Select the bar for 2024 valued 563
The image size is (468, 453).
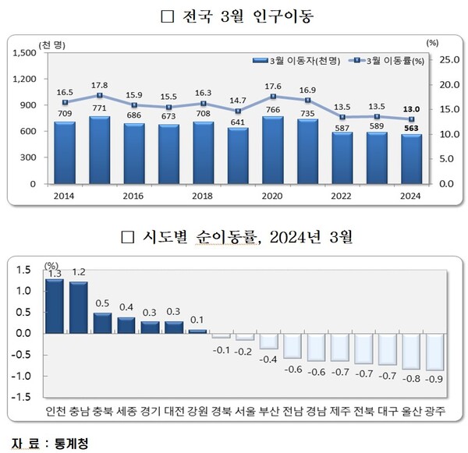click(410, 159)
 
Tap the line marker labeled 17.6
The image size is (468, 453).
click(272, 97)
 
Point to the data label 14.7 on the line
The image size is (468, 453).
click(238, 100)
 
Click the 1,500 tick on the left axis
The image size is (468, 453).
click(25, 52)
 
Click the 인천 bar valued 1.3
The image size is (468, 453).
click(55, 306)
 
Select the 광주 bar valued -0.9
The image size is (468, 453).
click(434, 352)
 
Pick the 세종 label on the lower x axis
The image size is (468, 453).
click(126, 412)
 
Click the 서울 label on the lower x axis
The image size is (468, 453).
click(246, 412)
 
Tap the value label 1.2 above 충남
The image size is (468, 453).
click(79, 273)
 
